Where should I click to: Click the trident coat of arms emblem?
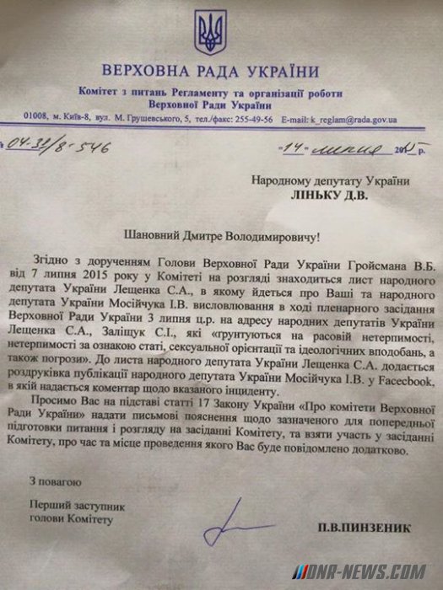[x=206, y=32]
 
